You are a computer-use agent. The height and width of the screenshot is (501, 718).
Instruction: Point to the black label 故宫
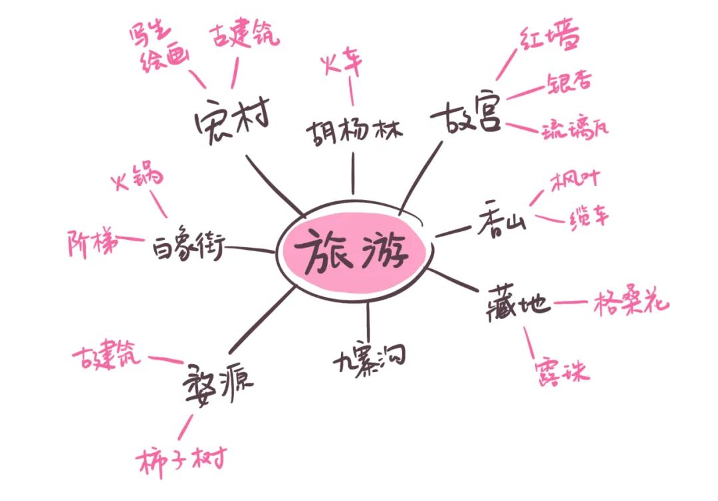pyautogui.click(x=465, y=117)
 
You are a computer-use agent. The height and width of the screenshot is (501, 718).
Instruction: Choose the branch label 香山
pyautogui.click(x=501, y=223)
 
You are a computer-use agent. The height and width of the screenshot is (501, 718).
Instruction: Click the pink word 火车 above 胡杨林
pyautogui.click(x=342, y=64)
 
